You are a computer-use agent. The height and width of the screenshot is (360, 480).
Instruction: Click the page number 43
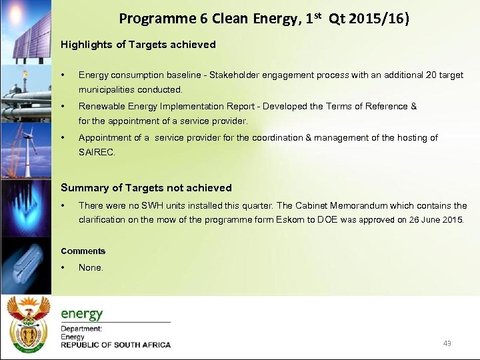(x=447, y=343)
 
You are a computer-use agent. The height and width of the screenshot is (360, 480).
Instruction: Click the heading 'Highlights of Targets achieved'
(x=138, y=45)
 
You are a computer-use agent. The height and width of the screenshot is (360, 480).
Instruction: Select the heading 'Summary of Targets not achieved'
(x=146, y=188)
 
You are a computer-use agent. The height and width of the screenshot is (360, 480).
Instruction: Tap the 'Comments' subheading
(x=83, y=251)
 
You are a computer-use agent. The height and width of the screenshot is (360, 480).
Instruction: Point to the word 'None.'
(x=91, y=267)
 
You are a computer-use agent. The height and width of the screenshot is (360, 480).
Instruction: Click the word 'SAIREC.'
(x=97, y=152)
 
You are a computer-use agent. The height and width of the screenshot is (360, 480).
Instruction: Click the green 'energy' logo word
(x=82, y=313)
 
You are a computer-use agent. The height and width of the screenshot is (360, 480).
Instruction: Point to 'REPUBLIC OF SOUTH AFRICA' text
(x=116, y=345)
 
